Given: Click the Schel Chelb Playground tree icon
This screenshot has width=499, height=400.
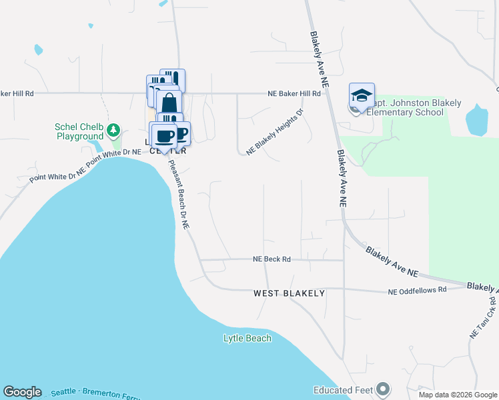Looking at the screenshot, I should point(114,129).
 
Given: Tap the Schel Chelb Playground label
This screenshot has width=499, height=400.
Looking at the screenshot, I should point(79,132).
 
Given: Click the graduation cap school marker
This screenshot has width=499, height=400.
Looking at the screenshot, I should point(362,97).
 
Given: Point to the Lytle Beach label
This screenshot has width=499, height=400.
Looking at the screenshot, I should point(247,338).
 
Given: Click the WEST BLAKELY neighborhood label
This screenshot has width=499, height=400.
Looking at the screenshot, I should point(289,293).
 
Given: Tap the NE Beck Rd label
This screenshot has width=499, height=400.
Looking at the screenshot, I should point(272,259).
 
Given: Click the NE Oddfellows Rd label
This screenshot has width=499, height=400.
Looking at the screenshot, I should point(417,291).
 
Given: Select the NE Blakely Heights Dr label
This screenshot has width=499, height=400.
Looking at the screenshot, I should point(274,133).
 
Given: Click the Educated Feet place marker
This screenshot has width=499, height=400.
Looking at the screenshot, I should point(382,389).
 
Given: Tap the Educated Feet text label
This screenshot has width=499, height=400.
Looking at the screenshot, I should point(342,389).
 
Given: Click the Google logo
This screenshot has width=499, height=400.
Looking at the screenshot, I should point(22,392).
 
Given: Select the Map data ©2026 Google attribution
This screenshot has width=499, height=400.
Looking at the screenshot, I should point(458,395).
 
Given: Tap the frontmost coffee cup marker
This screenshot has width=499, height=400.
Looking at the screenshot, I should point(164,136).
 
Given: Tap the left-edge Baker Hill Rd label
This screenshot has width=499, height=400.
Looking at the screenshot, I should point(17,94).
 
